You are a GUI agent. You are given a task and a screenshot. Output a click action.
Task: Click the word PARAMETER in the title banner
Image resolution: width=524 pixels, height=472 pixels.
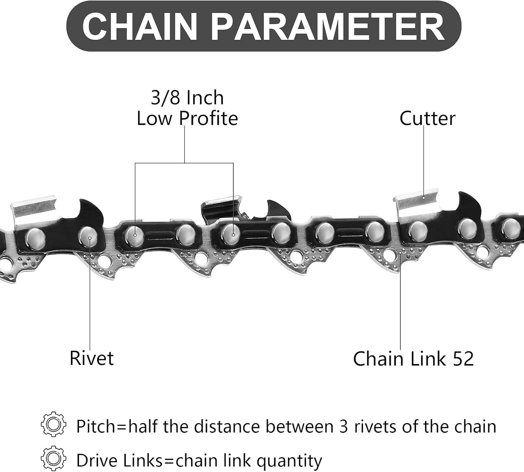[328, 27]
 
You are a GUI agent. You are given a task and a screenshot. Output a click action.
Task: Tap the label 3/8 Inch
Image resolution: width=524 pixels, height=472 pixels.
[187, 98]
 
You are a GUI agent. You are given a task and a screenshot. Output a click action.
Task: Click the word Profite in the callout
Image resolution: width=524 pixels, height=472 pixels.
[208, 119]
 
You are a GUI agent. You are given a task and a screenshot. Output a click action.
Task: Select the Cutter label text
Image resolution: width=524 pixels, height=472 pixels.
[427, 119]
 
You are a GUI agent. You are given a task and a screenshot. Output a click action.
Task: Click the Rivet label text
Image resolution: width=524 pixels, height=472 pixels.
[92, 358]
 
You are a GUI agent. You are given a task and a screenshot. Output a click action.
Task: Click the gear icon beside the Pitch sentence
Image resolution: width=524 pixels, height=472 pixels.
[53, 424]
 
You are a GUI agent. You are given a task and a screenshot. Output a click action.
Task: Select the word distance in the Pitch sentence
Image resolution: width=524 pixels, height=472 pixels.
[227, 427]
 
